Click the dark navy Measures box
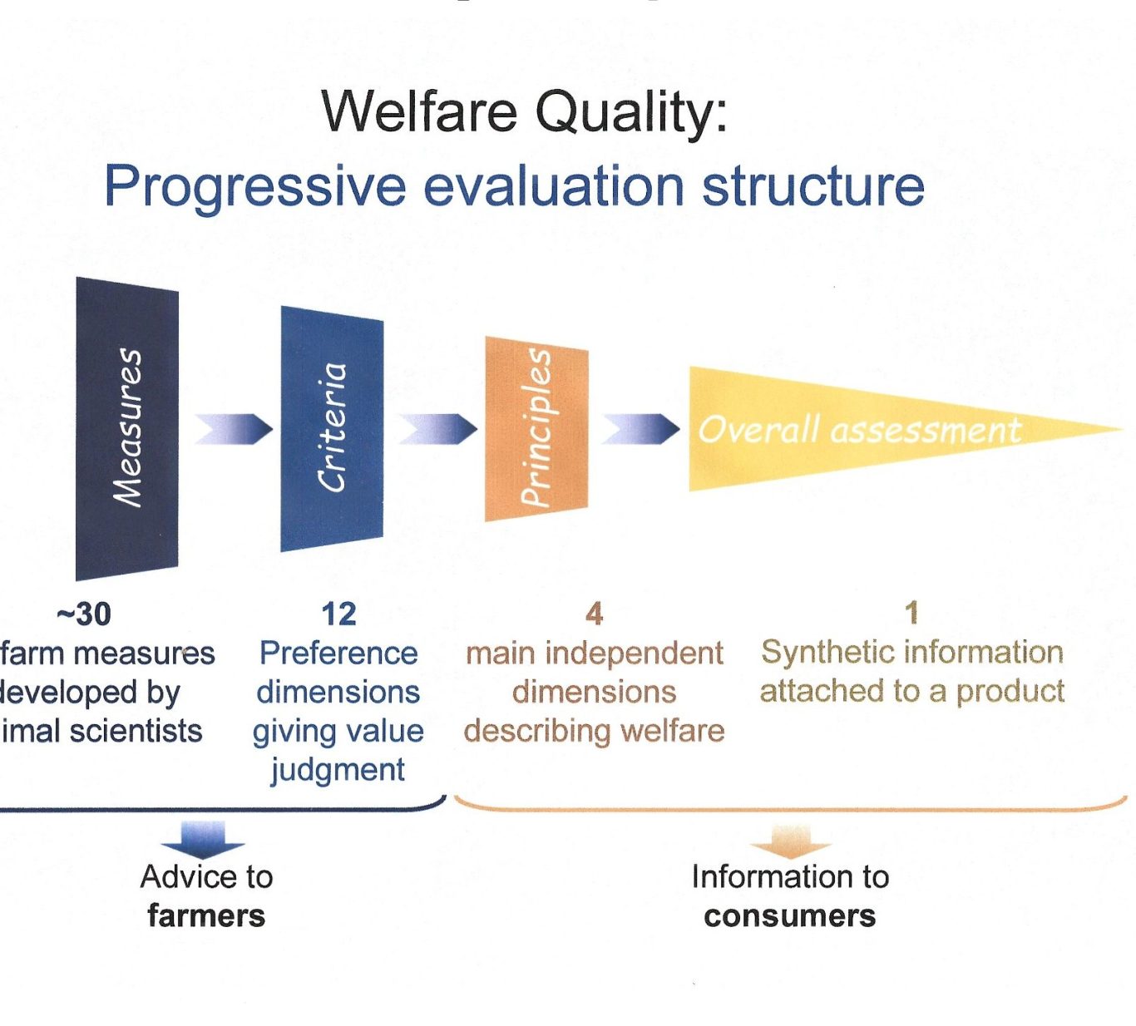[127, 429]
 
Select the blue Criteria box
[332, 429]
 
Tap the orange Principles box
[536, 429]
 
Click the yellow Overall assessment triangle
[849, 429]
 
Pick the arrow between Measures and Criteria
[234, 429]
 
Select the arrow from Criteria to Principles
[437, 429]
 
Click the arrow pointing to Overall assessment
[640, 429]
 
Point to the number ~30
[84, 614]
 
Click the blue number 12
[338, 614]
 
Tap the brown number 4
[594, 614]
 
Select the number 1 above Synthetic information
[911, 613]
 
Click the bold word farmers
[206, 915]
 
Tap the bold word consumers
[790, 916]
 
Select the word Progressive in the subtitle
[255, 187]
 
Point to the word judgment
[338, 770]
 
